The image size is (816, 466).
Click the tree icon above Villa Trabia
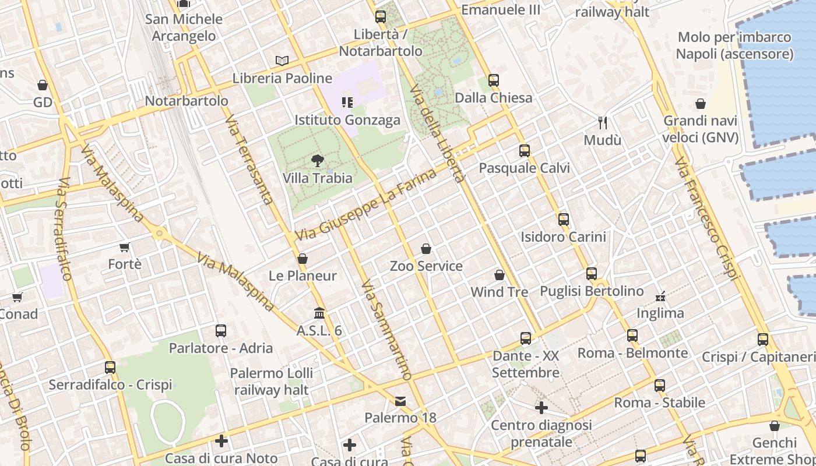(x=318, y=160)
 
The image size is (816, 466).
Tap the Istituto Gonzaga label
(x=347, y=120)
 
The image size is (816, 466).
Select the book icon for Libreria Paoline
(x=282, y=61)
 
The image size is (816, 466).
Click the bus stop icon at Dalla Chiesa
(x=494, y=80)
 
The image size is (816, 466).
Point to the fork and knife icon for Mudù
(x=603, y=122)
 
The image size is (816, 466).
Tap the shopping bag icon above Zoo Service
(x=426, y=249)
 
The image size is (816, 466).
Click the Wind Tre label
(x=500, y=292)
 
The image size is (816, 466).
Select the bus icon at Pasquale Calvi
(x=525, y=151)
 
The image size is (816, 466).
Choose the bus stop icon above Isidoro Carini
(x=564, y=220)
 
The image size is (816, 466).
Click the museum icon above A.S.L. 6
(x=319, y=313)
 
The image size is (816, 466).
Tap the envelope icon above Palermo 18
(x=400, y=401)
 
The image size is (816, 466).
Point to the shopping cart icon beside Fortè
(x=124, y=248)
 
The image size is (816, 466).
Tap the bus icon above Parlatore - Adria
(x=221, y=331)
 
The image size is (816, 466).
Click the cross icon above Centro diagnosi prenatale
(x=541, y=408)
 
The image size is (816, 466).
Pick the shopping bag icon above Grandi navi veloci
(x=701, y=104)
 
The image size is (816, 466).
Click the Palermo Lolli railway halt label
(x=272, y=382)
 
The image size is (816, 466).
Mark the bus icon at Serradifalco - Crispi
(x=110, y=368)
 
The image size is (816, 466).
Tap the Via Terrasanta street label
(x=249, y=160)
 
